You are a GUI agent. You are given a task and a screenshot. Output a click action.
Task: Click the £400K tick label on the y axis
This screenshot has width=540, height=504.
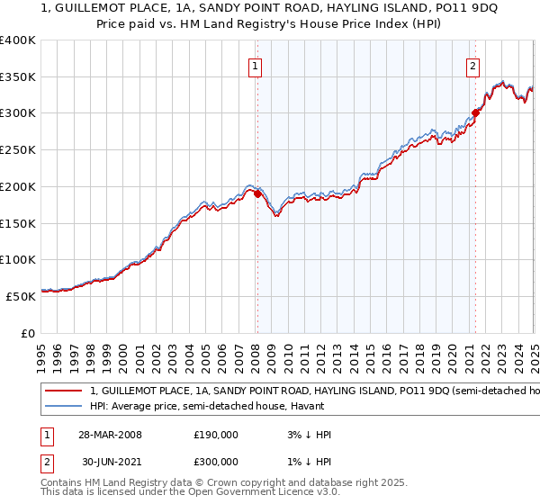click(18, 40)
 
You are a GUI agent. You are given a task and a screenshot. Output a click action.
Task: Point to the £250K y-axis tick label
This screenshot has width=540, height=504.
click(18, 150)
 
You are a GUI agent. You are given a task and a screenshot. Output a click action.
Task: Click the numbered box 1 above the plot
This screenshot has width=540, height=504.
click(256, 66)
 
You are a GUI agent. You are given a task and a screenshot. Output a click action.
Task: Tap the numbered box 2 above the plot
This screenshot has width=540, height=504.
click(472, 66)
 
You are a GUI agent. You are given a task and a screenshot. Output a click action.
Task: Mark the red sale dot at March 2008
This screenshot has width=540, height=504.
click(257, 193)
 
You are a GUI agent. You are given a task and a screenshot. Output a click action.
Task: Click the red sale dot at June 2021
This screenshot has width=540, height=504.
click(475, 113)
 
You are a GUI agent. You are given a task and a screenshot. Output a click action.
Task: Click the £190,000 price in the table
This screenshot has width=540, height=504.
click(216, 435)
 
